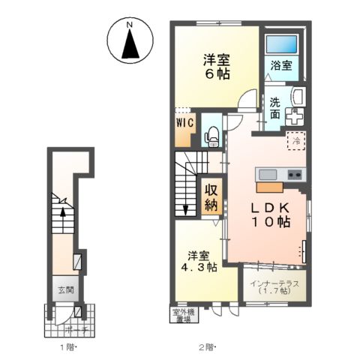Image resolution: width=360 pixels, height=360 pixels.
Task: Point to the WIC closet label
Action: [184, 121]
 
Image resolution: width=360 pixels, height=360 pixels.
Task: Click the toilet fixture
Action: [211, 135]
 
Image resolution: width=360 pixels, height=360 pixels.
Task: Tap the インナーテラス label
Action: [274, 286]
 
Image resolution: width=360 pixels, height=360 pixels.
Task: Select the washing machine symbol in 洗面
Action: [295, 118]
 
